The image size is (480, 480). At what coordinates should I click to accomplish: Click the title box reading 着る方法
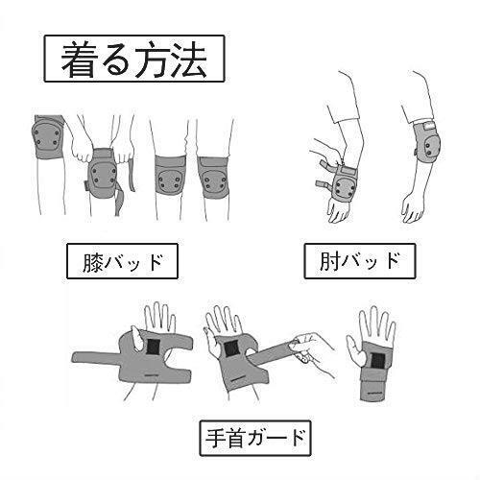point(134,59)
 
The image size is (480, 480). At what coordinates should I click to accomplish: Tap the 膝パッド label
point(122,261)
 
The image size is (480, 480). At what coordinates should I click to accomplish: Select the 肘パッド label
point(360,261)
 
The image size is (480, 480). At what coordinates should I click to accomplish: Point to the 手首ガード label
point(255,438)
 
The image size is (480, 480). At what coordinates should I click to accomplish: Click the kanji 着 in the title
point(79,60)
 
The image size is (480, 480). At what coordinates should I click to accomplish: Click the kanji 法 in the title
point(189,60)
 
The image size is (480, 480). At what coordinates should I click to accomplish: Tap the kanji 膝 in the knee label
point(93,261)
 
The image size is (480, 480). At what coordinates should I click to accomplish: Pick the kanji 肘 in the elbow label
point(329,261)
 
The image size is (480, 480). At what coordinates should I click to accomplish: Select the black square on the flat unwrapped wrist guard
point(153,348)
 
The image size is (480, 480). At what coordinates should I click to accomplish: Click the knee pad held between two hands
point(101,173)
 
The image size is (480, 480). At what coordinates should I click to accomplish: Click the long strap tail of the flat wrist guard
point(96,356)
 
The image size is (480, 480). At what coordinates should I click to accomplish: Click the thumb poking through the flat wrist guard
point(137,338)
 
